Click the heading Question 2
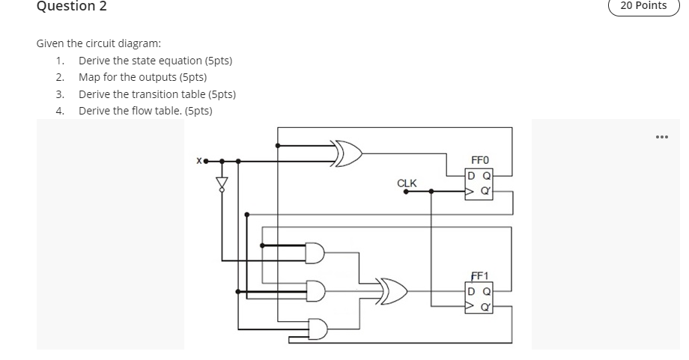(72, 7)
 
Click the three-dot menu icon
(660, 137)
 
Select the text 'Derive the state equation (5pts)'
(155, 61)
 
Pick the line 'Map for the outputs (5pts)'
(142, 77)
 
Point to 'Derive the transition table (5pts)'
(157, 94)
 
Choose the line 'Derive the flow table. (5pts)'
(145, 111)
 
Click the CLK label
(407, 183)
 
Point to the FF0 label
(479, 160)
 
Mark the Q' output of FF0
(488, 191)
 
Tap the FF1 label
(479, 276)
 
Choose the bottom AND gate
(317, 329)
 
